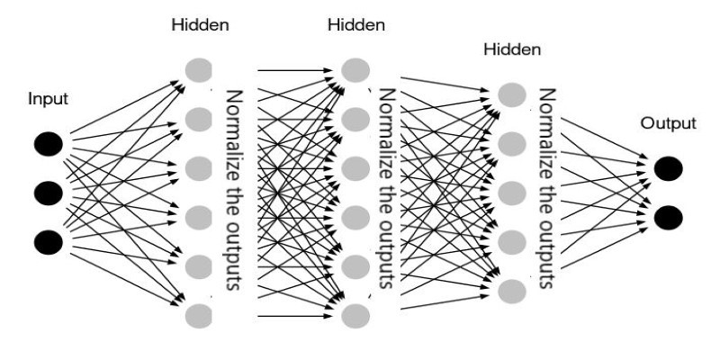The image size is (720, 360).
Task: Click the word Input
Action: (x=49, y=99)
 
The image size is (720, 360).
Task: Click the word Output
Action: (x=669, y=123)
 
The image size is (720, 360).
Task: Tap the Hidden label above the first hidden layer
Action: (x=200, y=25)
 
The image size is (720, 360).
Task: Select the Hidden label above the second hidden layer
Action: (x=356, y=25)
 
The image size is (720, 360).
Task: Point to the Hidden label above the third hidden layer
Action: (x=512, y=49)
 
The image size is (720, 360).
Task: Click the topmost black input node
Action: (x=49, y=144)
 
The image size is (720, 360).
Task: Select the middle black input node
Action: (x=49, y=193)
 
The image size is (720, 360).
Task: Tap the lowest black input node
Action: (x=49, y=242)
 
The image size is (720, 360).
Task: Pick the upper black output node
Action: (x=668, y=168)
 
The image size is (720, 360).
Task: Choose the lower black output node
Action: (x=668, y=218)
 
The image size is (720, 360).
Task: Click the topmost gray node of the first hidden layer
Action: (x=199, y=70)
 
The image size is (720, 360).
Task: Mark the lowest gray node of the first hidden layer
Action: (x=199, y=316)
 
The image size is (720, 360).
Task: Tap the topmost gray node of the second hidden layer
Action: (x=355, y=70)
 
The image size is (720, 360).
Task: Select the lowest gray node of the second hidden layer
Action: (x=355, y=316)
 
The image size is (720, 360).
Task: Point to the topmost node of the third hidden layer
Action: (x=512, y=95)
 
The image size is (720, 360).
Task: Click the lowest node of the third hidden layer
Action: (x=512, y=291)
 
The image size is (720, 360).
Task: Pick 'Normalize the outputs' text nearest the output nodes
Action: (x=546, y=188)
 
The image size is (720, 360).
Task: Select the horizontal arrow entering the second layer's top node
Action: (x=295, y=70)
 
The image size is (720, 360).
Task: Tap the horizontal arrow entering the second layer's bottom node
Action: (x=295, y=316)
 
